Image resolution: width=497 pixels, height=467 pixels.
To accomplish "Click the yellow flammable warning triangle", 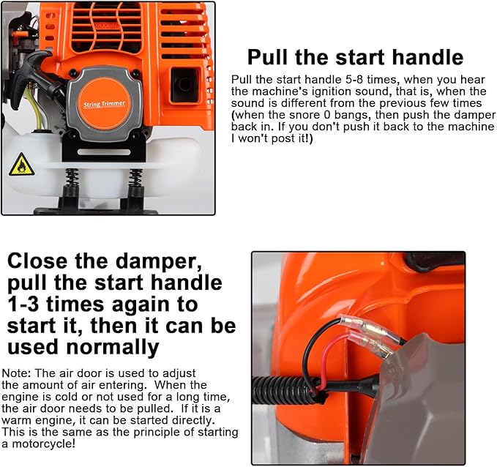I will pos(21,166).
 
